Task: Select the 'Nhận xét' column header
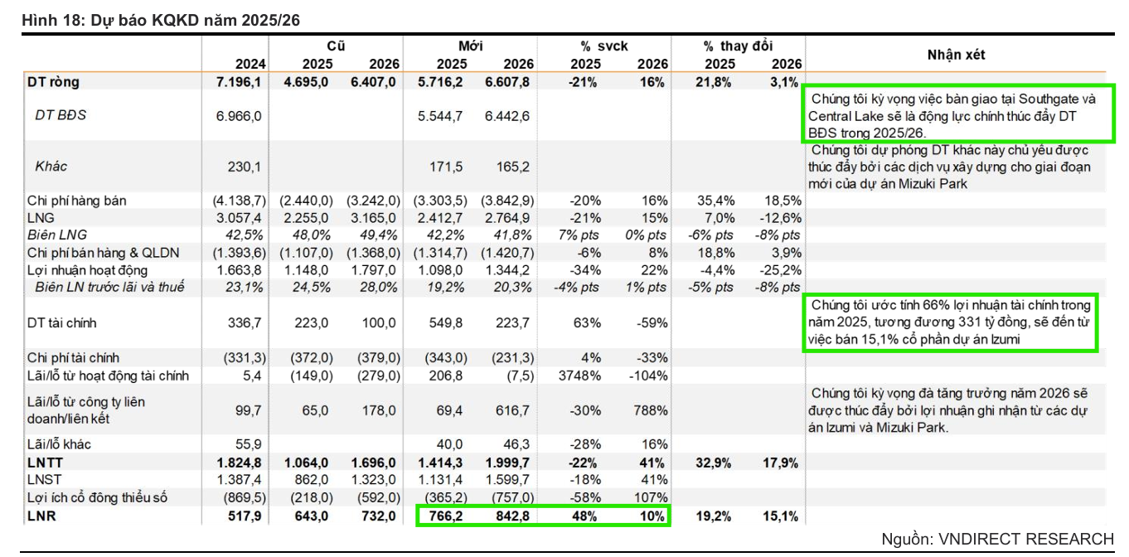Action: [956, 55]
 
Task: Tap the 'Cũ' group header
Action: [336, 46]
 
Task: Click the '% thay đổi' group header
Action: [738, 46]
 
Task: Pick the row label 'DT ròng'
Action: [53, 82]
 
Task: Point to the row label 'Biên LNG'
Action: [57, 235]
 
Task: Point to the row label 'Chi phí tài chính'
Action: [73, 358]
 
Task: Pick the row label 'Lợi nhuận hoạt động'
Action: [87, 270]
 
